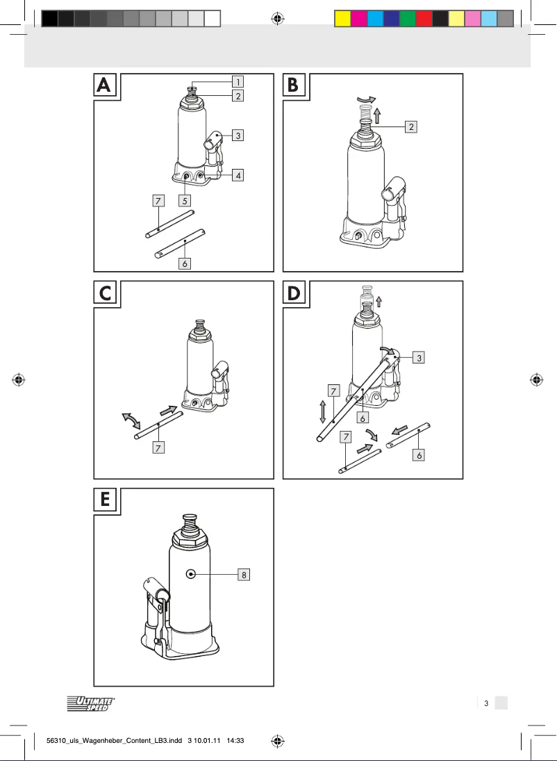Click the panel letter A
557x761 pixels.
click(x=104, y=85)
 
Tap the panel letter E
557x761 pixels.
click(x=105, y=499)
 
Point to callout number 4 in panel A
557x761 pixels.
click(x=238, y=176)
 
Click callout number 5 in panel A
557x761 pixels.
click(x=185, y=201)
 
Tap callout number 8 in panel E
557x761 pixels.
click(x=244, y=575)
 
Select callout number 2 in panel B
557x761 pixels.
click(x=411, y=126)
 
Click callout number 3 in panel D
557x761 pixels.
click(x=419, y=358)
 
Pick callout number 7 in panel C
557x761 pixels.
click(x=159, y=448)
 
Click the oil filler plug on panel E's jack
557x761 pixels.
click(x=190, y=574)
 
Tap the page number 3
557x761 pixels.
click(x=486, y=703)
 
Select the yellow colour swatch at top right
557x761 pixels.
click(x=342, y=19)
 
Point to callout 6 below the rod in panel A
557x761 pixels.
click(x=185, y=264)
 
